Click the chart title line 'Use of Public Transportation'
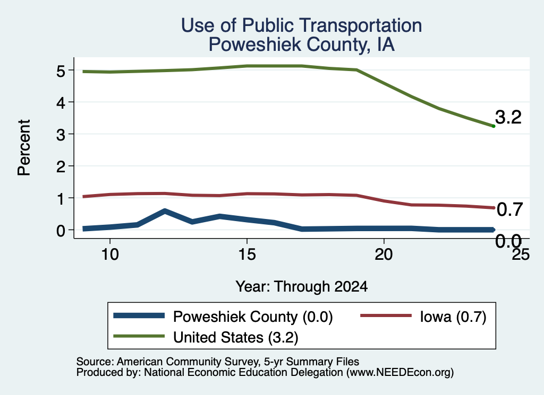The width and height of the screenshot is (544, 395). (x=302, y=25)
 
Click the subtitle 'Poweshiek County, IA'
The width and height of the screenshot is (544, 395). (x=302, y=45)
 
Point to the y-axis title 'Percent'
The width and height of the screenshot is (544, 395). (x=24, y=148)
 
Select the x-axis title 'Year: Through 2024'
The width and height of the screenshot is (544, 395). (x=302, y=287)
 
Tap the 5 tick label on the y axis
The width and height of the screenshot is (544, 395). (x=61, y=71)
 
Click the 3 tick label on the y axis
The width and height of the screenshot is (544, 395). (x=61, y=134)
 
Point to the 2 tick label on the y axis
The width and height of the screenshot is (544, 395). (x=61, y=166)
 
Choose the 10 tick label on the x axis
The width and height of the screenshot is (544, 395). (x=110, y=255)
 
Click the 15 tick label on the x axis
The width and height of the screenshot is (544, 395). (x=247, y=255)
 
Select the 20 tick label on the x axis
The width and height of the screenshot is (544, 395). (x=384, y=255)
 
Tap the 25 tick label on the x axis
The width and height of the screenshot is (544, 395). (x=521, y=255)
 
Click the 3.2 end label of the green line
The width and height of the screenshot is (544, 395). (x=508, y=117)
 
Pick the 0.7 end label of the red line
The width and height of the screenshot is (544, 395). (x=509, y=210)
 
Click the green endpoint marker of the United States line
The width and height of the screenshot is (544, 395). (x=494, y=126)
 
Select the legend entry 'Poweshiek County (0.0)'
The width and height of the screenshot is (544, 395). (x=223, y=317)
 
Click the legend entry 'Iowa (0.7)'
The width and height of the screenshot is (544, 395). (x=423, y=317)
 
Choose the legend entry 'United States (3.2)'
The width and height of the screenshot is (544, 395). (x=206, y=337)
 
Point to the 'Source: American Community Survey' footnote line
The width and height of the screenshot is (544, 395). (x=217, y=362)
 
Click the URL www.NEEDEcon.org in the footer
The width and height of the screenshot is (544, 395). (x=400, y=373)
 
